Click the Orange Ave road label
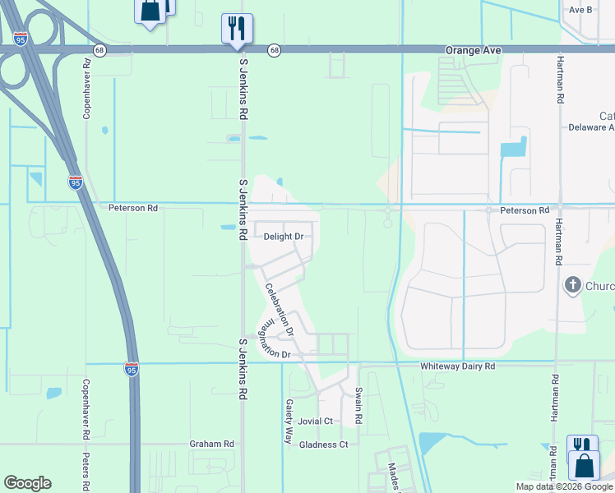point(474,50)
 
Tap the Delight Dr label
point(284,237)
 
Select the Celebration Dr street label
point(279,305)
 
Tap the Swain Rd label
point(358,406)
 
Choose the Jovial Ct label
point(316,422)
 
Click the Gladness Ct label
point(323,445)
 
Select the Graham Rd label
point(211,444)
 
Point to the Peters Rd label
point(85,468)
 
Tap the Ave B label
point(580,10)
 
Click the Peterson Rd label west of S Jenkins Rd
point(132,209)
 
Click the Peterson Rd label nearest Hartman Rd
point(524,211)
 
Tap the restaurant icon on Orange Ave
point(237,29)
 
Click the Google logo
point(27,483)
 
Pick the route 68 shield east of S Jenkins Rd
point(274,50)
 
